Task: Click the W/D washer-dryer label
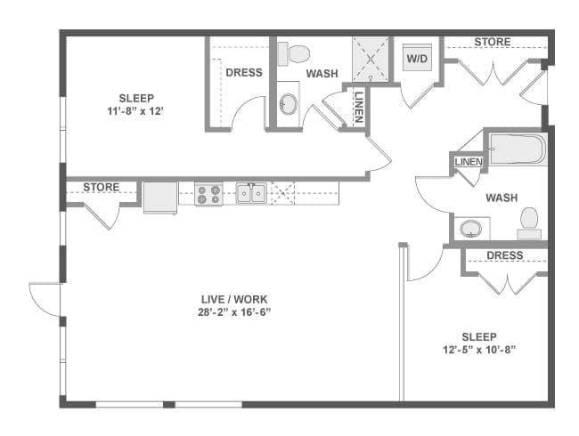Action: pos(417,58)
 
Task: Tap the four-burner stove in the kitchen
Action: pos(209,194)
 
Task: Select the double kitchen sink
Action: pos(251,193)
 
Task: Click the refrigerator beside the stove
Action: pos(160,198)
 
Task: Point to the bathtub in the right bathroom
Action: pos(518,149)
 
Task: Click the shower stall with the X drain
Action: pos(371,59)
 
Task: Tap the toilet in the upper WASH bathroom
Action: pos(293,54)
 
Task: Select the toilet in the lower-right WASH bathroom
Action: pos(529,223)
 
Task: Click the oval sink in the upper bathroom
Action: pos(288,104)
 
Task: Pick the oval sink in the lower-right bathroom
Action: pos(470,229)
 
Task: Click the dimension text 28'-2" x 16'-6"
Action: pos(234,312)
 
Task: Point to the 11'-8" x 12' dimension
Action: pos(135,110)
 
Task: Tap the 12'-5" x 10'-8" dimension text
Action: pos(479,350)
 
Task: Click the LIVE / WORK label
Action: pos(234,299)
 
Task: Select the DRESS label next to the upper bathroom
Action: pos(244,72)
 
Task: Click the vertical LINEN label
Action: pos(359,107)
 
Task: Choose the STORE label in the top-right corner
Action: pos(493,42)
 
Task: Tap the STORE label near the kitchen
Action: pos(102,188)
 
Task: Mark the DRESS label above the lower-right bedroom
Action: pos(505,255)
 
